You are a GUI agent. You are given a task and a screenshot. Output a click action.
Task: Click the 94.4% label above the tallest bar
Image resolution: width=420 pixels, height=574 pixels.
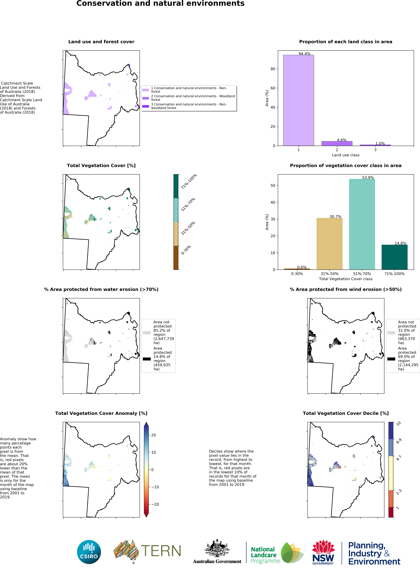304,54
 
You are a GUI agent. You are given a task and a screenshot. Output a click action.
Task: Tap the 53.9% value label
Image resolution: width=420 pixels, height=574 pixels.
368,177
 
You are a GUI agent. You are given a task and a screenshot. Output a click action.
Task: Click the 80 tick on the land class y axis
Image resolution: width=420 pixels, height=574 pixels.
273,69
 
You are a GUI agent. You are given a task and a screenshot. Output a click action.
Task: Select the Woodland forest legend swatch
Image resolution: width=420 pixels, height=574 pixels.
145,98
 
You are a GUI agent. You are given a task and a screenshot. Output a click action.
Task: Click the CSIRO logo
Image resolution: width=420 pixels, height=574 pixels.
89,552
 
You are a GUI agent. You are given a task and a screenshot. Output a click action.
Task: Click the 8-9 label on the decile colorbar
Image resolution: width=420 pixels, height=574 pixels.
399,441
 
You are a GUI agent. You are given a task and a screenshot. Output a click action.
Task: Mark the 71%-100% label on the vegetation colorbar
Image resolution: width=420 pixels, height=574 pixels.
189,182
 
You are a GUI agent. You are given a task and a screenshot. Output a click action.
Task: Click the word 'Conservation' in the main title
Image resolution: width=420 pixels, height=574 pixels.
104,4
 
